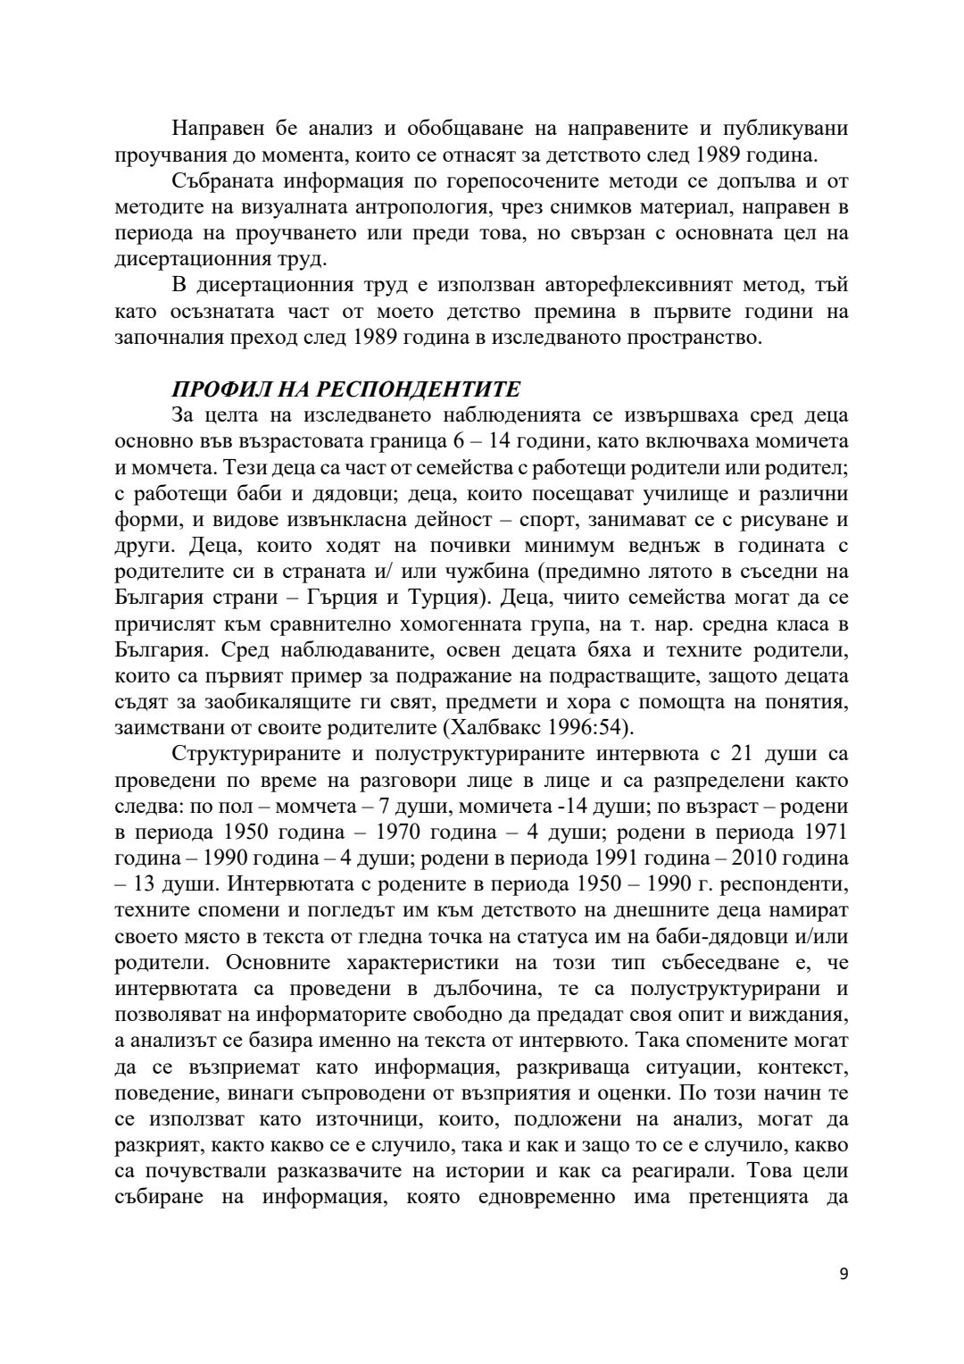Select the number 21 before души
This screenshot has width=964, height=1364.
coord(744,752)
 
